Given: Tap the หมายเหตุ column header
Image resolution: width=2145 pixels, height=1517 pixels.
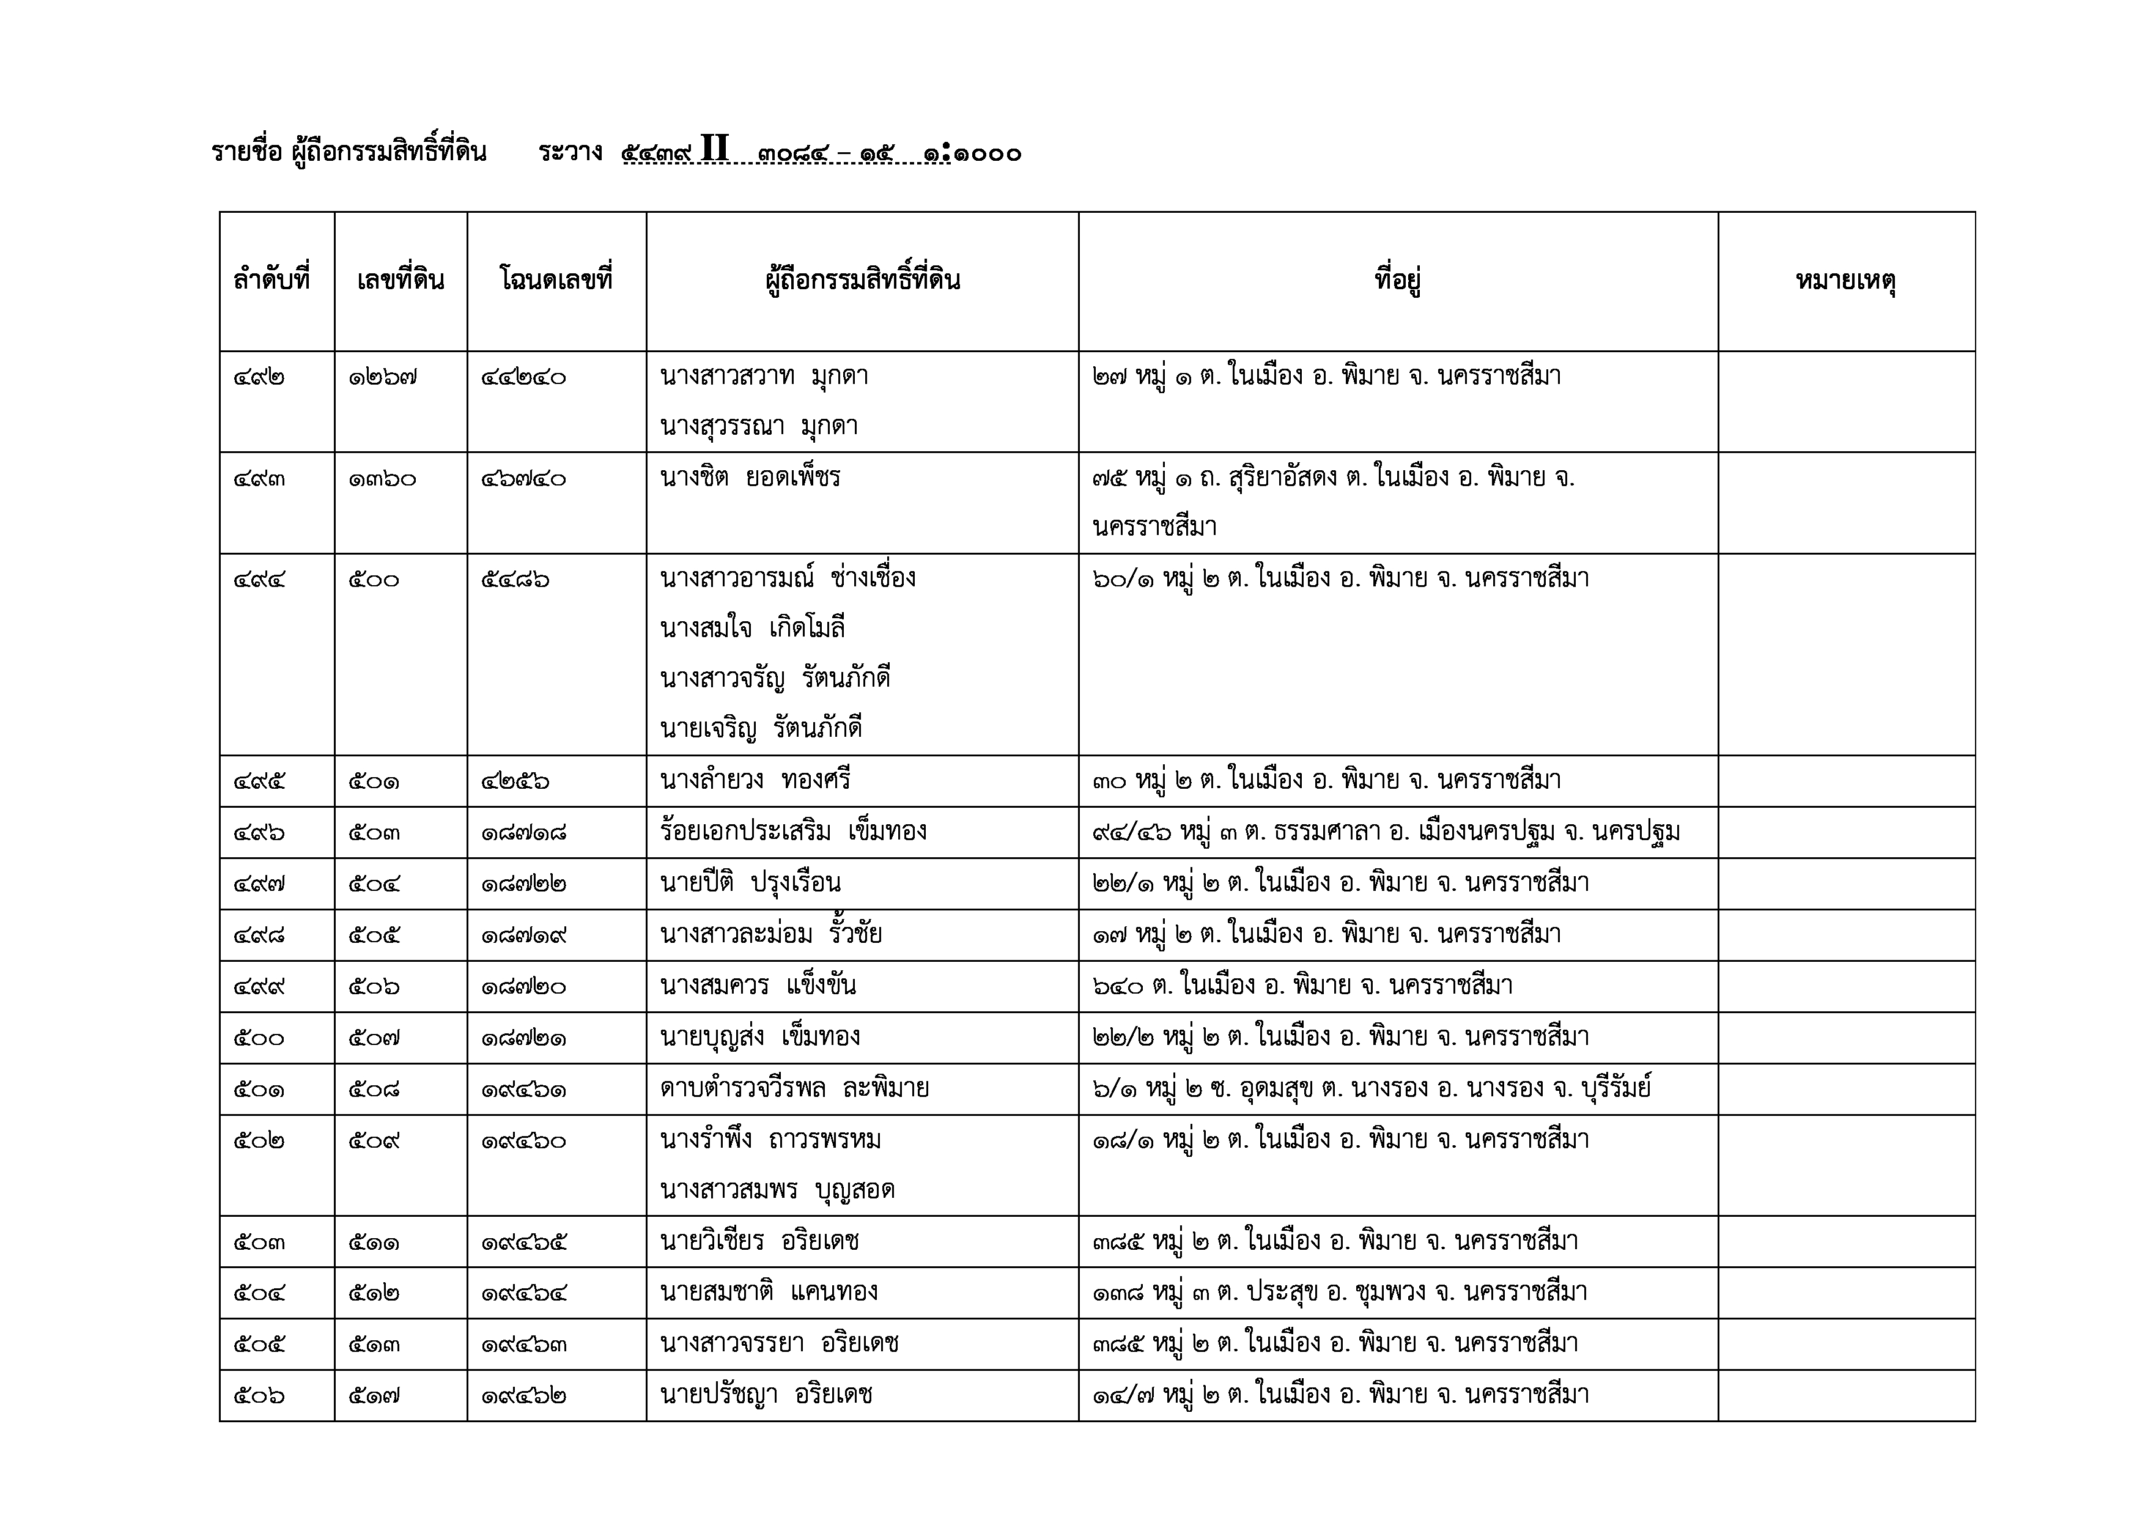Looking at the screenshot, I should pos(1845,280).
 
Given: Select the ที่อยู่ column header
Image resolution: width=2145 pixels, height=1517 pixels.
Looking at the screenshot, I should pos(1398,280).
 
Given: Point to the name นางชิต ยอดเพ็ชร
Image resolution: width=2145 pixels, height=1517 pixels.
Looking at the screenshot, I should pos(750,478).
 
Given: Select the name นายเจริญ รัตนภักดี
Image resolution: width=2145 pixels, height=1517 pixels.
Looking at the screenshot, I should pos(761,729).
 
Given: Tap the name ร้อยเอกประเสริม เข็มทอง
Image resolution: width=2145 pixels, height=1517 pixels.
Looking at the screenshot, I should pos(793,832).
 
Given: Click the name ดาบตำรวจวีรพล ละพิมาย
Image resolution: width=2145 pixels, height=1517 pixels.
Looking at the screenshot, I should pos(794,1089).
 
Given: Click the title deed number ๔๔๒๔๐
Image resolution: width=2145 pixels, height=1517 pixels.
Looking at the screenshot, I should pos(523,377).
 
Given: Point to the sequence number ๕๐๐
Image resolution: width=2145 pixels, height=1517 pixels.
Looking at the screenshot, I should pos(259,1038).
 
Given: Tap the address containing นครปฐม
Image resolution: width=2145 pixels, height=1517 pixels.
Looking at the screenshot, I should pos(1386,832).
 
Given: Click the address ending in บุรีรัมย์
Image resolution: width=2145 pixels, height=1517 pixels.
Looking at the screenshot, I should pos(1372,1089).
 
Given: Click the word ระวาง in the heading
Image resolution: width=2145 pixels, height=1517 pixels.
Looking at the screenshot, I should pos(570,152).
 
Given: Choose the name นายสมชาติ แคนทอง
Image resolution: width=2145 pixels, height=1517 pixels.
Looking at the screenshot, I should pos(769,1293).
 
